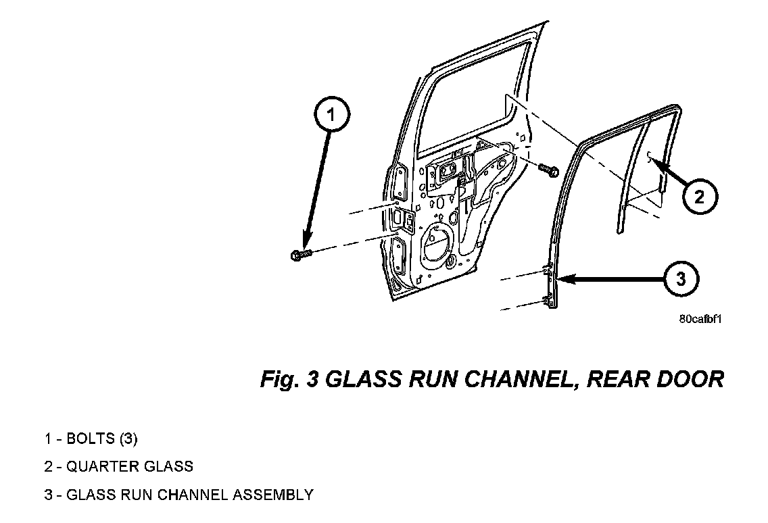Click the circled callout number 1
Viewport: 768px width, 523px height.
pos(331,115)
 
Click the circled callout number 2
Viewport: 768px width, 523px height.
pos(699,197)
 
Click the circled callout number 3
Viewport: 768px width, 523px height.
pos(681,278)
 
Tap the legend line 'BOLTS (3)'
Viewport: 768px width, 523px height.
pos(91,439)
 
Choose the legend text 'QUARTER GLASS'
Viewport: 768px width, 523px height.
pos(119,466)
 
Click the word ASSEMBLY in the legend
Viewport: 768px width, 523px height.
pos(273,495)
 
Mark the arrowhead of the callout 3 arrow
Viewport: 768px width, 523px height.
pos(562,278)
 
